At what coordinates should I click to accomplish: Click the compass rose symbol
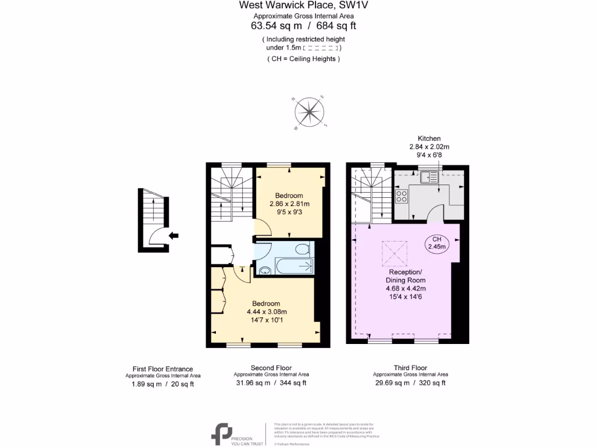pos(310,112)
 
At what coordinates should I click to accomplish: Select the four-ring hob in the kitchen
pos(401,196)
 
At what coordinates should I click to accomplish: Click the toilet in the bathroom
pos(301,249)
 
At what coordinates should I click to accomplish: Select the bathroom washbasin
pos(265,269)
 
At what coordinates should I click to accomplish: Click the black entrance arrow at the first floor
pos(173,235)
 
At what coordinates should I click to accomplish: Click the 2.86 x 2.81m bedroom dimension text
pos(289,204)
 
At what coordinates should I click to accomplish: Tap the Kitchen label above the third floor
pos(429,139)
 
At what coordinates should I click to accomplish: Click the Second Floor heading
pos(271,368)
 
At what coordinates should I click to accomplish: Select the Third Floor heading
pos(410,368)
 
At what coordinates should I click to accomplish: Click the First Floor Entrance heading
pos(163,368)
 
